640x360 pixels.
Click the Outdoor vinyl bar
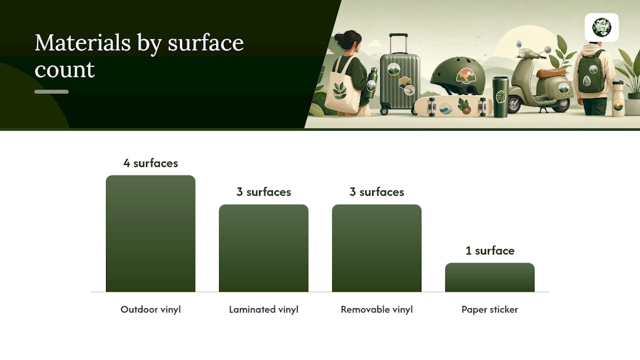[150, 233]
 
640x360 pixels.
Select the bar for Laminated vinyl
[263, 248]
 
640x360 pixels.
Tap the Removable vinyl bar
[376, 248]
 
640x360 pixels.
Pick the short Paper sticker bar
[489, 277]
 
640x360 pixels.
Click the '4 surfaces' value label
[150, 163]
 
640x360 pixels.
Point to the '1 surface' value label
[490, 250]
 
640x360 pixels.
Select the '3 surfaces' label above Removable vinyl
[377, 192]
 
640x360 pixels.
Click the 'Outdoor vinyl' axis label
[150, 309]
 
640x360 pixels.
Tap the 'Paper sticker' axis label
[489, 309]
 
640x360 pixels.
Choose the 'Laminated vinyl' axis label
[263, 309]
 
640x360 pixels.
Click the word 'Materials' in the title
[83, 43]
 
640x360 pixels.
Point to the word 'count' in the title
[64, 69]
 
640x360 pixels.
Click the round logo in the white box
[601, 27]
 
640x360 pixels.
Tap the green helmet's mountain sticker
[465, 76]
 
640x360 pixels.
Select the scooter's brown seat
[551, 72]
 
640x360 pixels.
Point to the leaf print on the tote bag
[339, 90]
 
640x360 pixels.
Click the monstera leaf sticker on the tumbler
[501, 96]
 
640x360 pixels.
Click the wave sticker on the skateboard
[445, 109]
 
